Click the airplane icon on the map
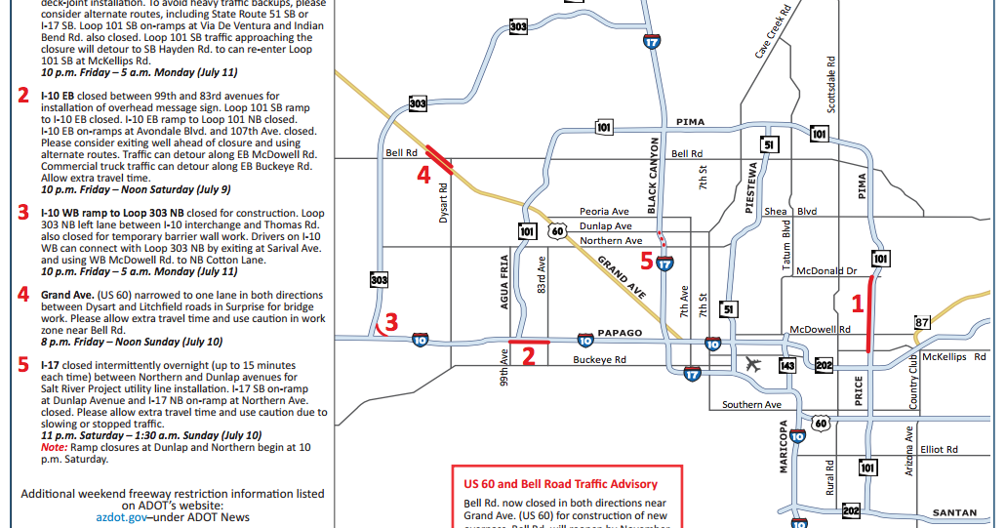coord(752,364)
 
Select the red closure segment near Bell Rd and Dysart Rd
coord(436,158)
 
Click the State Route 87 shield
coord(922,322)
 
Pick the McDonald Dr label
coord(826,270)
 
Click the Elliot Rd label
coord(939,450)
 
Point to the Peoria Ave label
coord(604,212)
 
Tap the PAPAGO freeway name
coord(620,333)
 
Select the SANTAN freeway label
coord(954,512)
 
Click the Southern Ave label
coord(751,405)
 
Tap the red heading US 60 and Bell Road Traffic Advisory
coord(560,484)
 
